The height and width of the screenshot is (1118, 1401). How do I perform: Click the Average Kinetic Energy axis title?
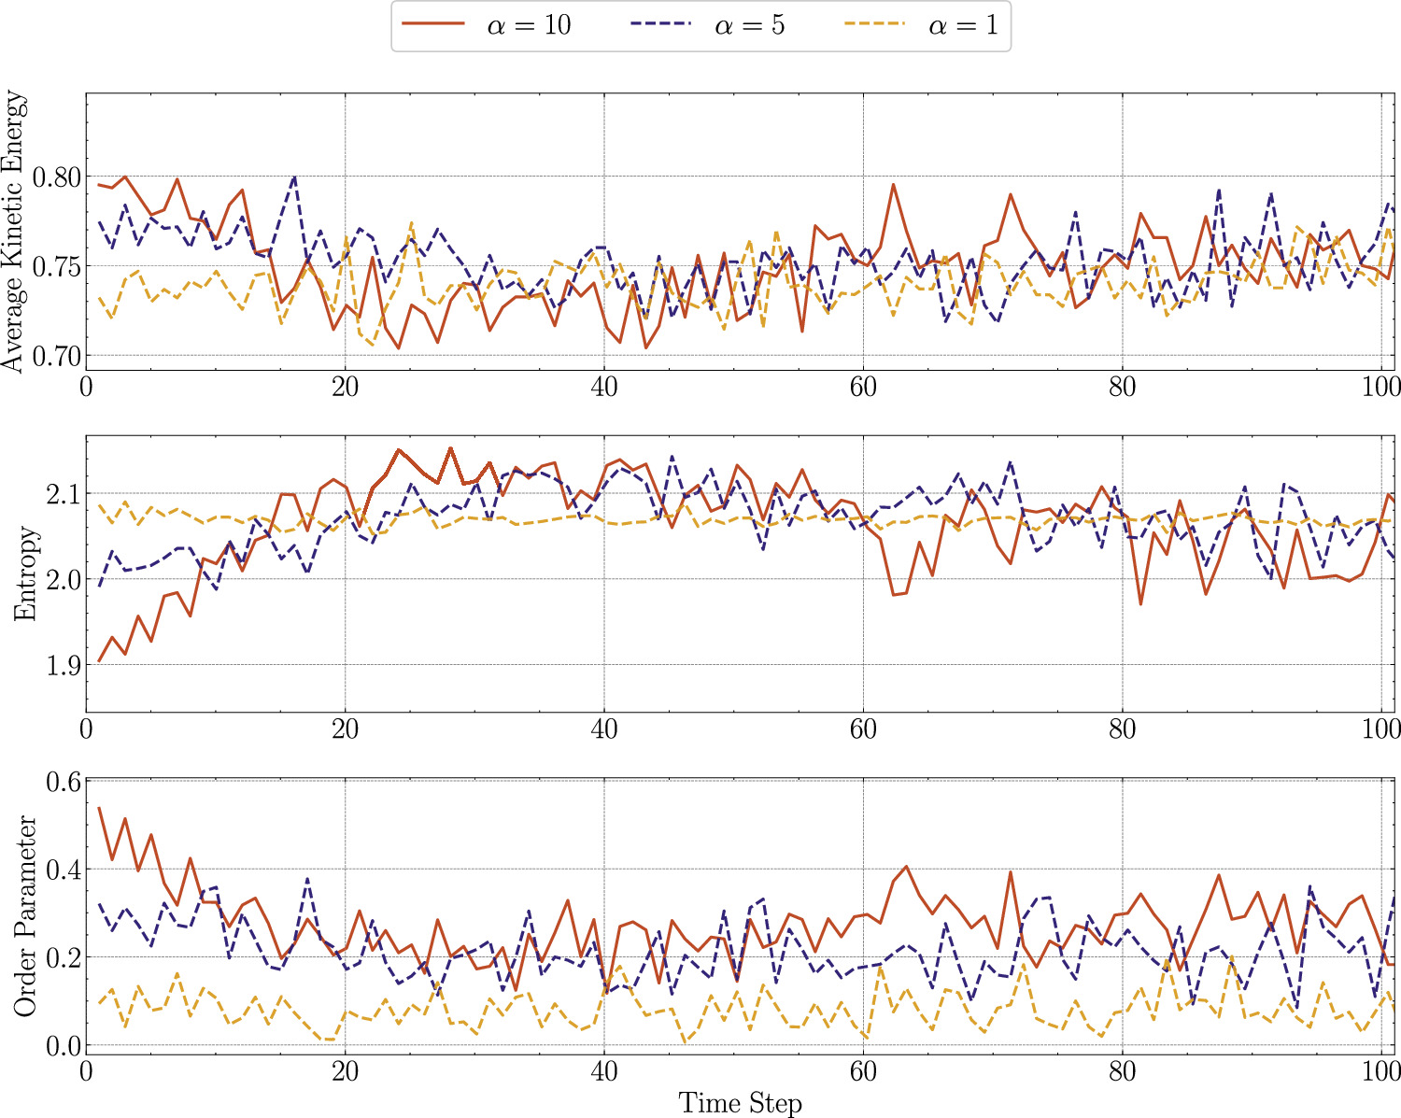[16, 231]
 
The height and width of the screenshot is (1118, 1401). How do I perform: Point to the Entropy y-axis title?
[27, 573]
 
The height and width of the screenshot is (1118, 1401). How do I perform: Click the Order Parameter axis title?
[25, 916]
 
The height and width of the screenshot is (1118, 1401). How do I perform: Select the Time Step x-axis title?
[740, 1102]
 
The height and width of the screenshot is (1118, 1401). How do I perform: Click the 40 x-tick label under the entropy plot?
[604, 729]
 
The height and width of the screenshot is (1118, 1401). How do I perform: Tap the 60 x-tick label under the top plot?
[863, 387]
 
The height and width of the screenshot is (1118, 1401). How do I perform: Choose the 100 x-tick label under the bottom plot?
[1380, 1072]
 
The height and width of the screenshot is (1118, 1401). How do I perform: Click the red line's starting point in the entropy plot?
[99, 661]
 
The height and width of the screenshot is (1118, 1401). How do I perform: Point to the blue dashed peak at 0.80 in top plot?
[294, 176]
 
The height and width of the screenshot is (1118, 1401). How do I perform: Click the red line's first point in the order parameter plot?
[99, 808]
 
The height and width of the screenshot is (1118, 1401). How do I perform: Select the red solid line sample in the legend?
[432, 25]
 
